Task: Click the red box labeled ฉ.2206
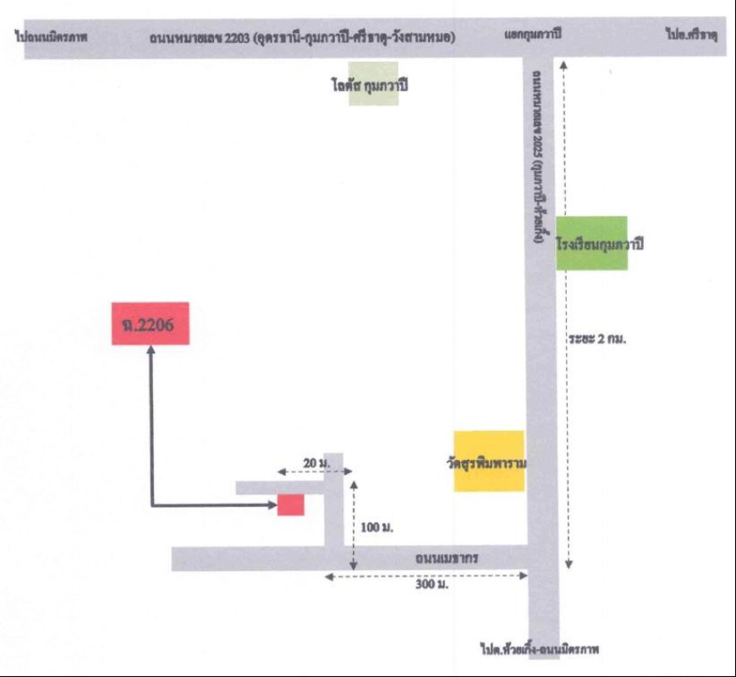150,323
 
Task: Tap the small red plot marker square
290,504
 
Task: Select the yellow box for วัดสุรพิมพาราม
489,461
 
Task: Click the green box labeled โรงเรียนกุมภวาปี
592,243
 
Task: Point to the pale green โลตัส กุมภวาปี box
373,84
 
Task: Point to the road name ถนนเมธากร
448,559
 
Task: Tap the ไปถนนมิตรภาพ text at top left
52,37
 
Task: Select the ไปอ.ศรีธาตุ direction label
691,37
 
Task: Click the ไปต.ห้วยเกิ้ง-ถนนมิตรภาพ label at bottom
543,650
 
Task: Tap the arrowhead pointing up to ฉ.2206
151,350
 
